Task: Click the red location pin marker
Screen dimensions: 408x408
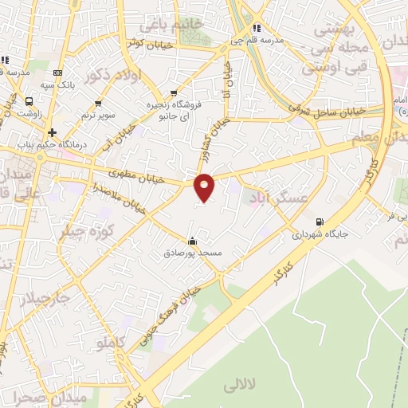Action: [x=205, y=186]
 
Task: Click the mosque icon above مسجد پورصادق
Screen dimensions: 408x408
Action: [x=191, y=241]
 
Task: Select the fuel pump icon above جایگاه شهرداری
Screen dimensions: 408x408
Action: [x=320, y=222]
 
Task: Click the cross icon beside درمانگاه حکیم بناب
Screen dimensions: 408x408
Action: [x=53, y=132]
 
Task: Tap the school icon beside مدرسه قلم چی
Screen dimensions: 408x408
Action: [x=256, y=29]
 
